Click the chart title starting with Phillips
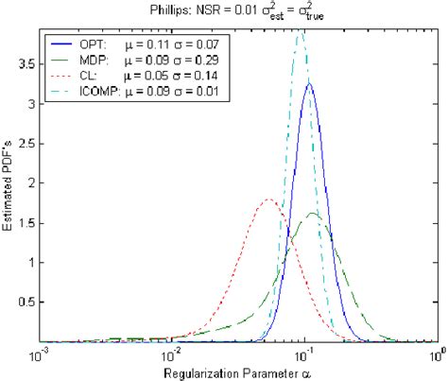click(x=240, y=12)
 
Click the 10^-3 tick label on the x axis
click(x=40, y=355)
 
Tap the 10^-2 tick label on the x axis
click(x=172, y=355)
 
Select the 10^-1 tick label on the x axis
click(x=304, y=355)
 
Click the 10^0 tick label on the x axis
click(x=436, y=355)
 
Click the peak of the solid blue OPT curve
click(x=309, y=84)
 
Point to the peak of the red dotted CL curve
click(x=269, y=199)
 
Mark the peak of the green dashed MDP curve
click(x=314, y=214)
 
